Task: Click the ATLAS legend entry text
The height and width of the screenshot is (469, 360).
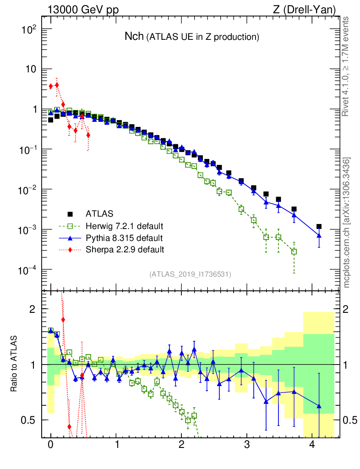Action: (x=99, y=213)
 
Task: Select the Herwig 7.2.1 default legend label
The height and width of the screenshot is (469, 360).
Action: (x=125, y=226)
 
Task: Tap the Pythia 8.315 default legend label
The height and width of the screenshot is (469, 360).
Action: (x=124, y=238)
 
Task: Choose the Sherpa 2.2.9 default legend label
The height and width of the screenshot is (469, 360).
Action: (x=125, y=250)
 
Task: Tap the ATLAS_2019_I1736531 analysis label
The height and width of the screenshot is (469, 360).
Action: (x=190, y=274)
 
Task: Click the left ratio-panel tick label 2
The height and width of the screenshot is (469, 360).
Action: (x=33, y=309)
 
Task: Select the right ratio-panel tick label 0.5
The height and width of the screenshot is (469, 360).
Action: (x=349, y=420)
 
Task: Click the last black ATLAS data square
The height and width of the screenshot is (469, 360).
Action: (x=319, y=226)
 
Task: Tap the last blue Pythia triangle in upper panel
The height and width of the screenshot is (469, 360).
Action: (x=319, y=235)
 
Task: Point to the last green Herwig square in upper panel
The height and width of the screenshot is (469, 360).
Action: (x=294, y=251)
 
